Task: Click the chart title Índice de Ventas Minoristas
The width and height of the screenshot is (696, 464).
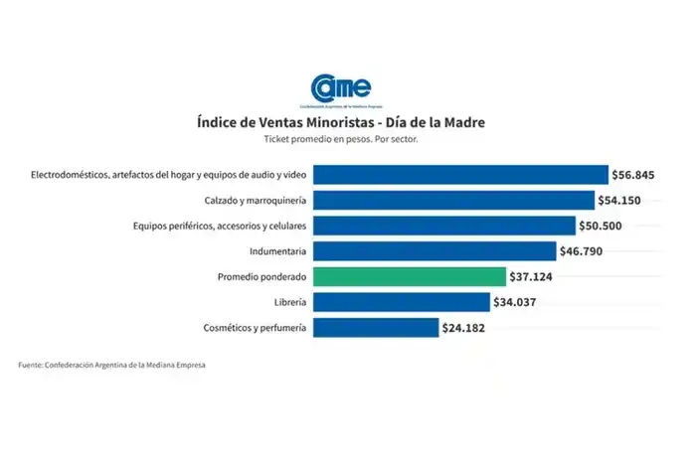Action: [x=341, y=122]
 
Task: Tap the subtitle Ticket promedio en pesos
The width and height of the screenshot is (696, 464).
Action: [x=341, y=140]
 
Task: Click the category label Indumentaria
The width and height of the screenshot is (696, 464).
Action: [x=278, y=251]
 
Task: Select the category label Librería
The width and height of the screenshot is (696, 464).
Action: [x=288, y=301]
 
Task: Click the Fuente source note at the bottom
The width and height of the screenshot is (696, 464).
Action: [x=111, y=366]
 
